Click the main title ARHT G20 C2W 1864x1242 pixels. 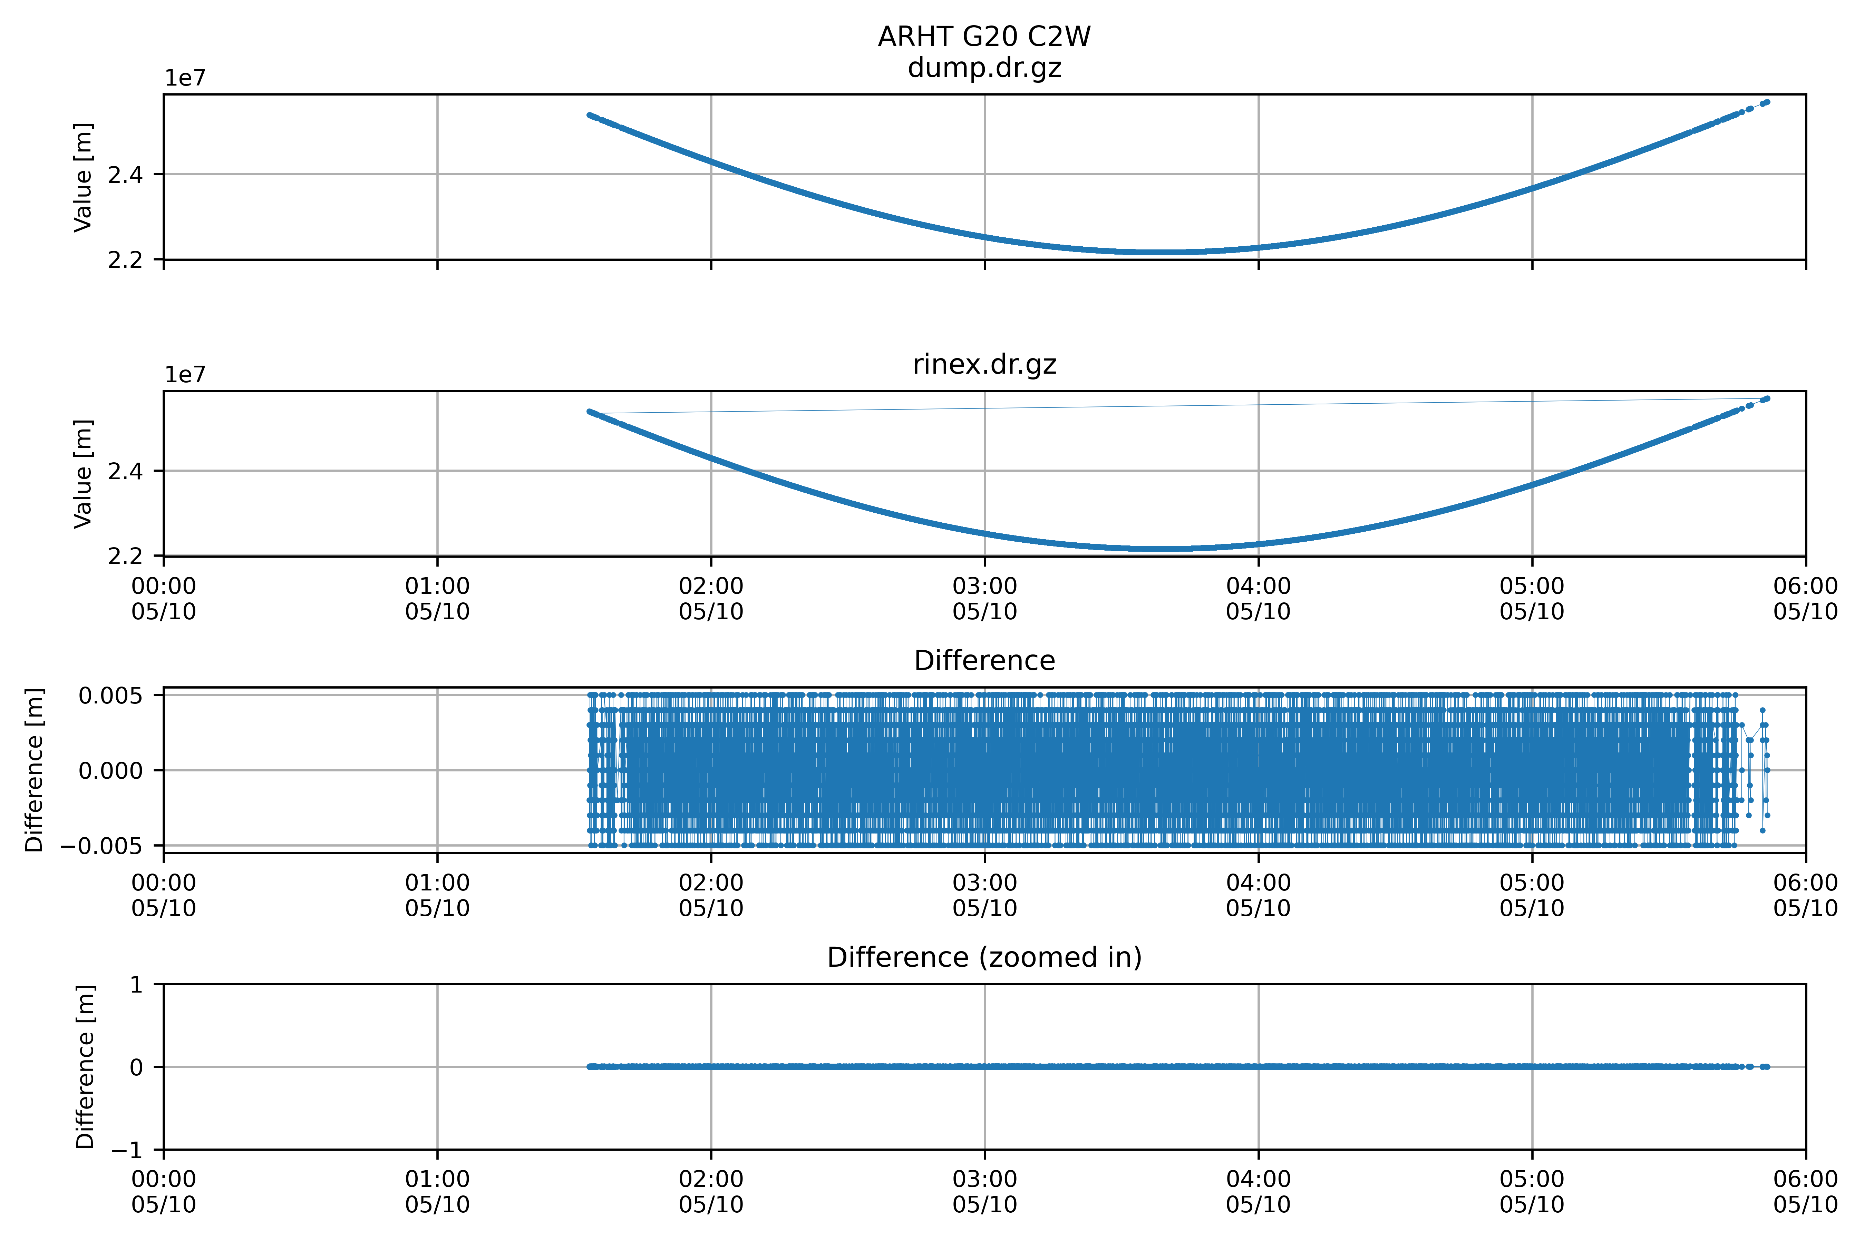(984, 37)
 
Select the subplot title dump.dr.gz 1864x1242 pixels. (984, 68)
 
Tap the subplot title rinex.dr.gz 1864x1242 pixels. (984, 364)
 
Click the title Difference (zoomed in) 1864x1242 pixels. (984, 958)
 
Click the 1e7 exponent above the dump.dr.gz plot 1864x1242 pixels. (185, 78)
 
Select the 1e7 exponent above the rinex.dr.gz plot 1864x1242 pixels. (185, 375)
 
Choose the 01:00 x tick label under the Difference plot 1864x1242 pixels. (437, 895)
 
